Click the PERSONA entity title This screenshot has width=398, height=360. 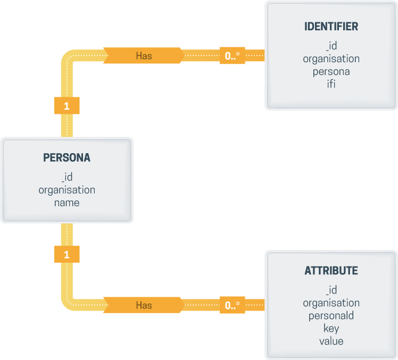coord(67,158)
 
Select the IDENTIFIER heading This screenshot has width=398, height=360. coord(331,27)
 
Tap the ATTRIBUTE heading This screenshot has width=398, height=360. coord(331,271)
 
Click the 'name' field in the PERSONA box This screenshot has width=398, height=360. coord(67,202)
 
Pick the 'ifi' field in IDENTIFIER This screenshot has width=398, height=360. coord(331,84)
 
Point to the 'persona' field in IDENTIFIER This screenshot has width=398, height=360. coord(331,71)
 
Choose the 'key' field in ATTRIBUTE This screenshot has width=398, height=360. coord(331,328)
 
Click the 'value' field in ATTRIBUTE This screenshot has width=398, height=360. coord(331,341)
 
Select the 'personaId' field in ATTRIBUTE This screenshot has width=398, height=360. coord(331,315)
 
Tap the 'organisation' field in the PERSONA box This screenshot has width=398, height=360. coord(67,189)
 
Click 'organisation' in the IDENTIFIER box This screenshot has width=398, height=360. coord(331,58)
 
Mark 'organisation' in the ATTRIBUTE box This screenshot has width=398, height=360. coord(331,303)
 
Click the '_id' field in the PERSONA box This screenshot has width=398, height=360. coord(67,177)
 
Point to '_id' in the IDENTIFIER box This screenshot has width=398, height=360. coord(331,46)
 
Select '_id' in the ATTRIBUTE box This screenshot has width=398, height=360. coord(331,290)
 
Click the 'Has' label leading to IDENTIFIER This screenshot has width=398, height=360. coord(144,55)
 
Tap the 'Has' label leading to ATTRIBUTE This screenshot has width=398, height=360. coord(144,305)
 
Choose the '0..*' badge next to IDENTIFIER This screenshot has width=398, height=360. coord(233,55)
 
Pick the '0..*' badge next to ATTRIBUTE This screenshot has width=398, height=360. coord(233,305)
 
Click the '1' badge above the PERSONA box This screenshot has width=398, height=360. coord(67,106)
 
